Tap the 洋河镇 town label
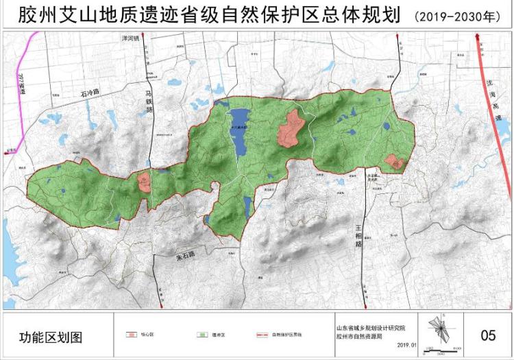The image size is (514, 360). click(129, 38)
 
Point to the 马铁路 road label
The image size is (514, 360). click(149, 104)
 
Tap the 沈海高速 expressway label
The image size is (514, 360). click(492, 96)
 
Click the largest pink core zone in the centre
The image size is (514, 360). click(291, 128)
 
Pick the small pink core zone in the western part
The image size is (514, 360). click(144, 182)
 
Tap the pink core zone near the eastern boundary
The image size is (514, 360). click(394, 162)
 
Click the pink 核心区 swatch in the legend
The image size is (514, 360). click(131, 335)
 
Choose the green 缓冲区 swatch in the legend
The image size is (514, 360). click(204, 335)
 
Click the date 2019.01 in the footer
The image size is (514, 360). click(406, 347)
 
